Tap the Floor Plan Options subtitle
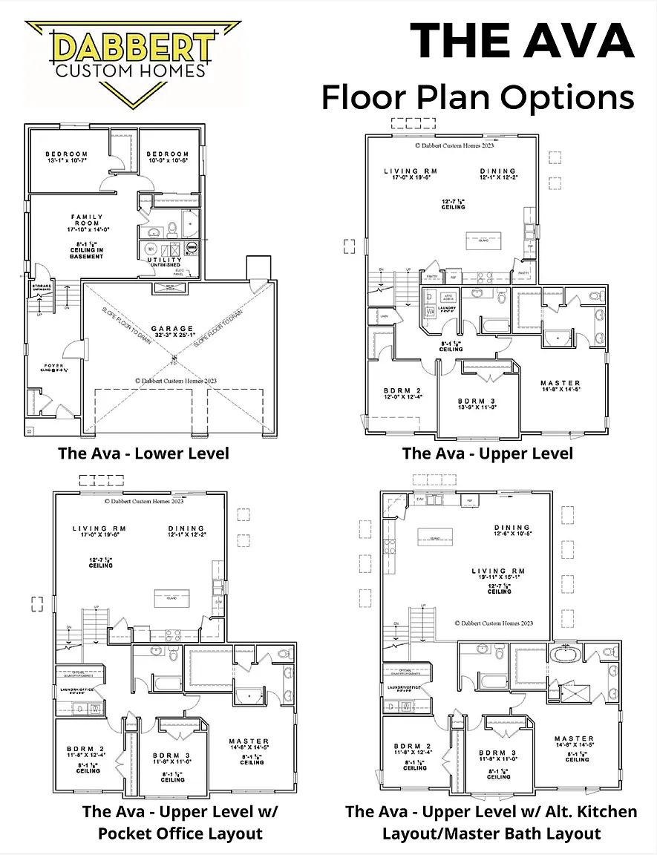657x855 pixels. coord(477,96)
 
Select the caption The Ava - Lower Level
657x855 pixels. coord(144,453)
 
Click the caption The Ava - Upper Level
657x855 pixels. coord(488,453)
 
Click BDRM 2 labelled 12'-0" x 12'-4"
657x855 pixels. coord(403,394)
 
